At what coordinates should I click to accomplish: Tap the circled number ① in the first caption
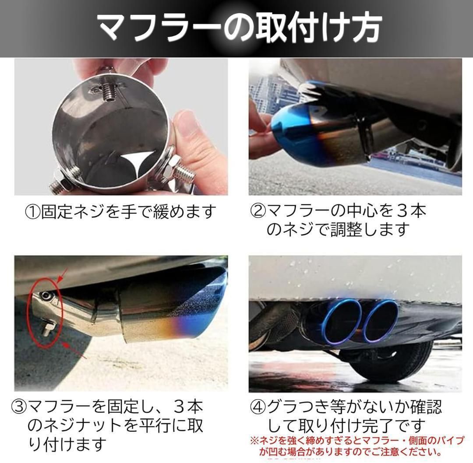coord(32,212)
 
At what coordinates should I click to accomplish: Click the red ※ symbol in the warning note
coord(254,441)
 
